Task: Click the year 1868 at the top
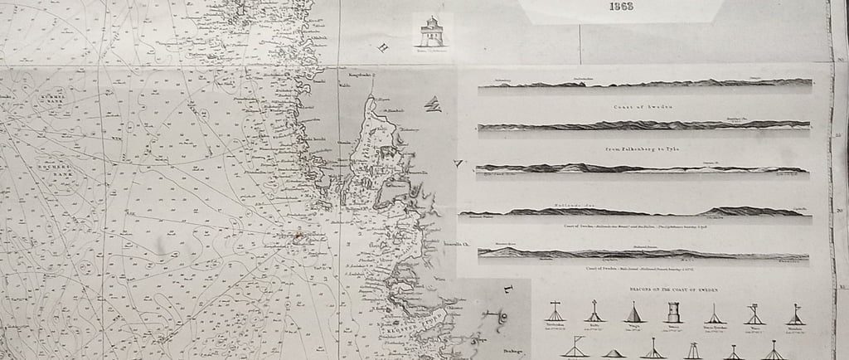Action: (620, 7)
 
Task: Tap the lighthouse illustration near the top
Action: (429, 32)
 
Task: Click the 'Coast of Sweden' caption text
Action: (634, 108)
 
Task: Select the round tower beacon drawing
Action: (672, 312)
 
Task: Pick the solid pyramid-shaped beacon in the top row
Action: (632, 314)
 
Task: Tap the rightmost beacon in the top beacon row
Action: (794, 314)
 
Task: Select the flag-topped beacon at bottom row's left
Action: (574, 348)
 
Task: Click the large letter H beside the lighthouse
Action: (383, 48)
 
